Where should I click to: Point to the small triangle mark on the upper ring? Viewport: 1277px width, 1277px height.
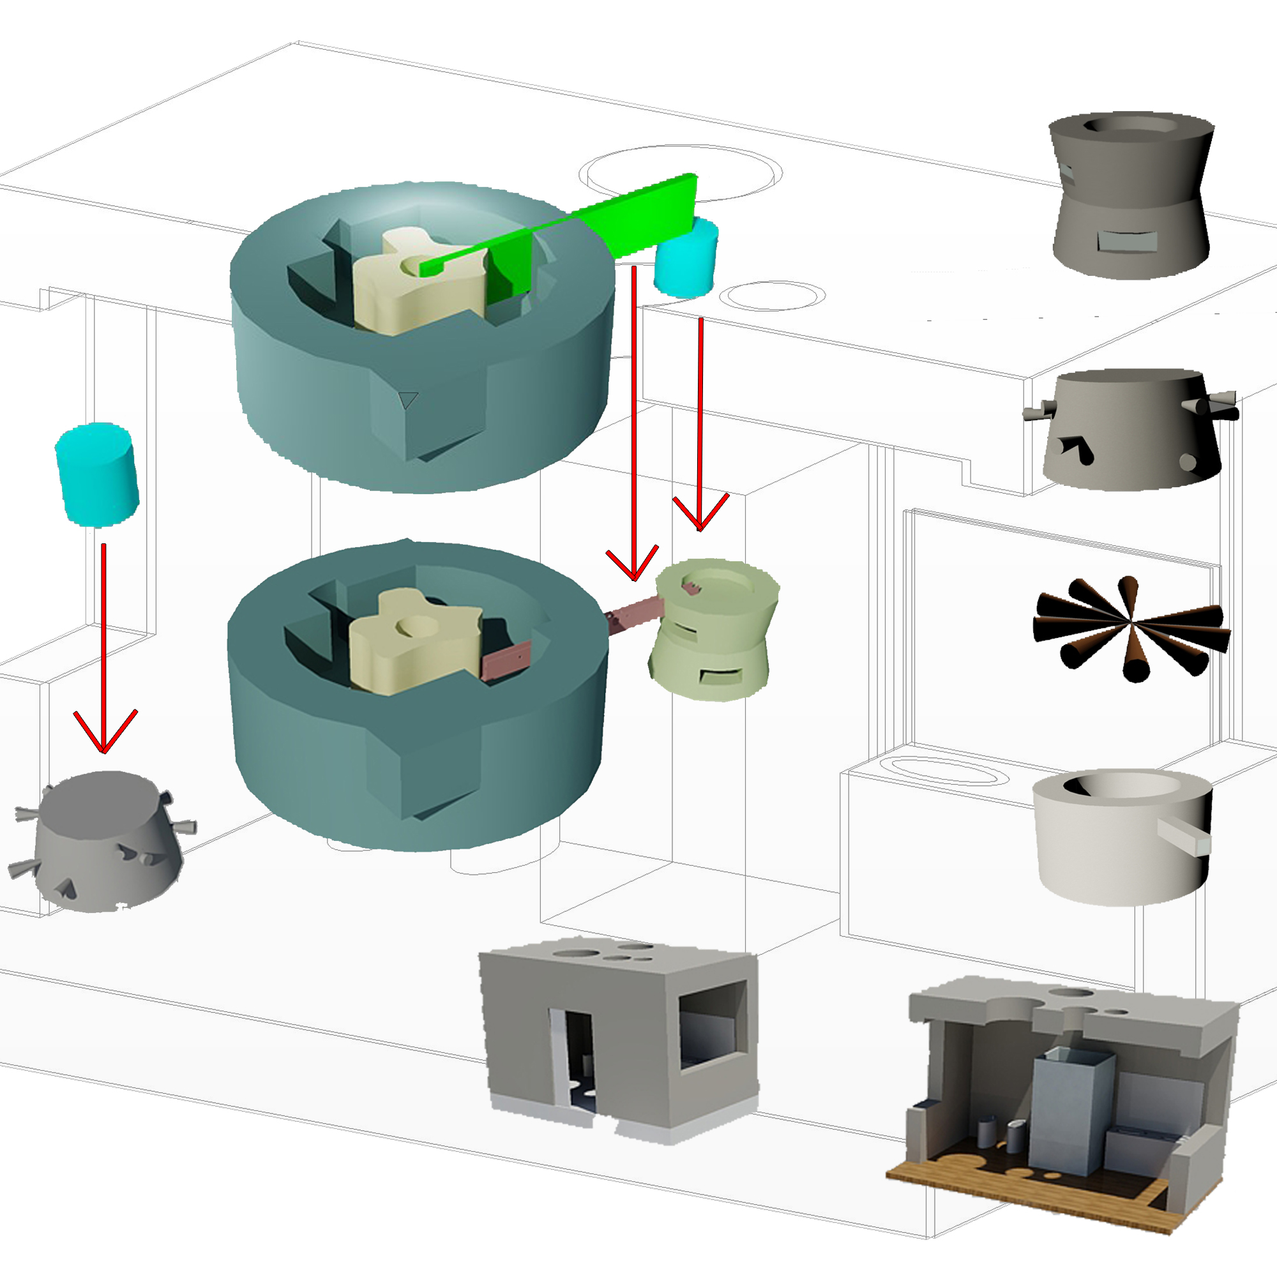pos(408,399)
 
